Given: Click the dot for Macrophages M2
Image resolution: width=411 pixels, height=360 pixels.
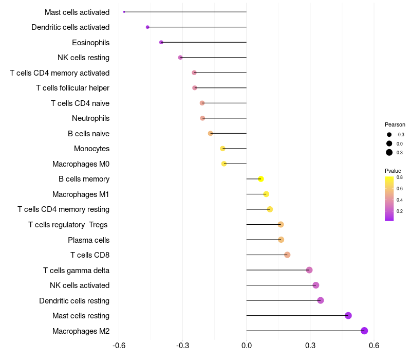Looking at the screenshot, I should coord(364,331).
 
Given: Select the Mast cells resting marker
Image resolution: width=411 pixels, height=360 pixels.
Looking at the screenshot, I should coord(348,315).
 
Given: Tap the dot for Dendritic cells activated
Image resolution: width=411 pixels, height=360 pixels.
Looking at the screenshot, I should coord(147,27).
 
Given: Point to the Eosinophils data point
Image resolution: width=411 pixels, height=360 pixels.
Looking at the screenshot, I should coord(161,42).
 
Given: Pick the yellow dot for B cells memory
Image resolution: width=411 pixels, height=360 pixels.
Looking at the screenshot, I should coord(261,179).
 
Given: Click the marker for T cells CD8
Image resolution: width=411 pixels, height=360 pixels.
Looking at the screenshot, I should coord(287,255).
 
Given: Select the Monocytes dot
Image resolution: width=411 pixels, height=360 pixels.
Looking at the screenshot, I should coord(222,149).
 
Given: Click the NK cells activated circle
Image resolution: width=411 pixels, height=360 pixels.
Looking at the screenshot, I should coord(316,285).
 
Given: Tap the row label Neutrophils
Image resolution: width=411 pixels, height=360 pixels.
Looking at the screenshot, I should coord(90,118).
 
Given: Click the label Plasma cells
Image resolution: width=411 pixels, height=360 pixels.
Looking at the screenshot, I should coord(88,240).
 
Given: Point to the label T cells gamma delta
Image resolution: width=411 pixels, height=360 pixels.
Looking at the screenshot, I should coord(76,271).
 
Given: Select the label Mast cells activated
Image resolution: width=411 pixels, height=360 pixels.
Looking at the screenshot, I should coord(77,12).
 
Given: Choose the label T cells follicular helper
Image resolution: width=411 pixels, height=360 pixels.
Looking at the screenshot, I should coord(72,88).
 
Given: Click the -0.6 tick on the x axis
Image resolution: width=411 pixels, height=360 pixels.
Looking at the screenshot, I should coord(119,345).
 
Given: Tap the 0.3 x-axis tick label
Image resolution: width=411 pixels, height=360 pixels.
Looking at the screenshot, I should coord(310,345).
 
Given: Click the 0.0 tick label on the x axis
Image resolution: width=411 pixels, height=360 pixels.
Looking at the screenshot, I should coord(247,345).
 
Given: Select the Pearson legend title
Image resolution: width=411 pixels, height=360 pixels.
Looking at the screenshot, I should coord(395,124).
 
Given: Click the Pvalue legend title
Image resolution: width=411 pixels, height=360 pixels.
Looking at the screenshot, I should coord(393,171).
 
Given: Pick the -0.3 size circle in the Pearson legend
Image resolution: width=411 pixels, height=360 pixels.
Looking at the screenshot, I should coord(389,135).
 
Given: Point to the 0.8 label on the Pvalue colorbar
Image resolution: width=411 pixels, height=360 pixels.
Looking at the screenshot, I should coord(400,177).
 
